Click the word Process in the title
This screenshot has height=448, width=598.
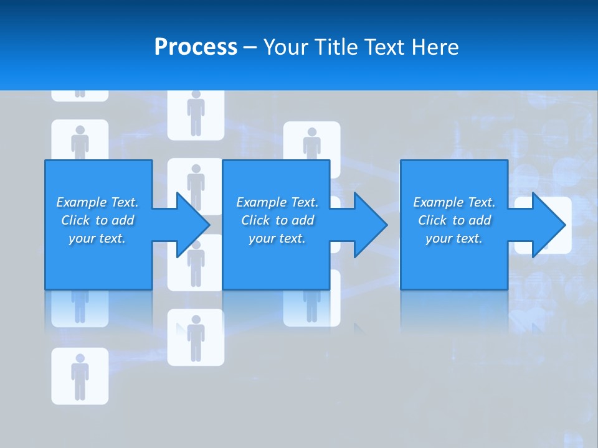pos(196,47)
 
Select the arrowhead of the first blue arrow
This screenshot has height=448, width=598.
pos(193,225)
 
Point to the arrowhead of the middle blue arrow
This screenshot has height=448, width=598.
pos(371,225)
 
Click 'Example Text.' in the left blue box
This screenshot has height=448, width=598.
pos(98,202)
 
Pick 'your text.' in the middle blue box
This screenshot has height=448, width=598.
pos(277,238)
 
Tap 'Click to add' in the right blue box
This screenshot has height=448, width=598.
pos(454,220)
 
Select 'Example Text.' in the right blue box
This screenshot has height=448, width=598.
pos(454,202)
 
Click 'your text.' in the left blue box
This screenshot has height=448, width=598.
pos(98,238)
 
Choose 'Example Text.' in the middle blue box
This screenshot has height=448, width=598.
pos(277,202)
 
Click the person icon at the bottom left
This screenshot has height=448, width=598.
pos(80,376)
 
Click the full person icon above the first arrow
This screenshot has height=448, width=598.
pos(196,113)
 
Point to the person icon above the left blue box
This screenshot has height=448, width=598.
pos(80,141)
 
